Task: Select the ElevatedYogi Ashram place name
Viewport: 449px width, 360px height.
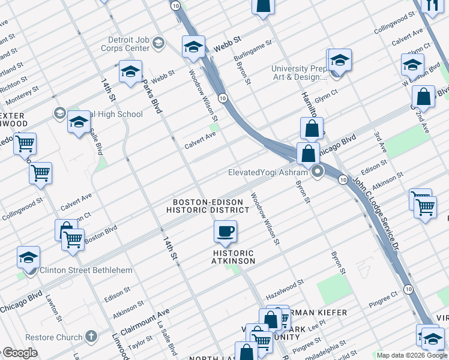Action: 268,172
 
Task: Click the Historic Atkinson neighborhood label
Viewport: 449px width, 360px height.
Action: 234,257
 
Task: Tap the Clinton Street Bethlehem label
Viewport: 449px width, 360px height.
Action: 86,270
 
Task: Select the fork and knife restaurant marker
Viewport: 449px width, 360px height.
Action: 432,5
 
